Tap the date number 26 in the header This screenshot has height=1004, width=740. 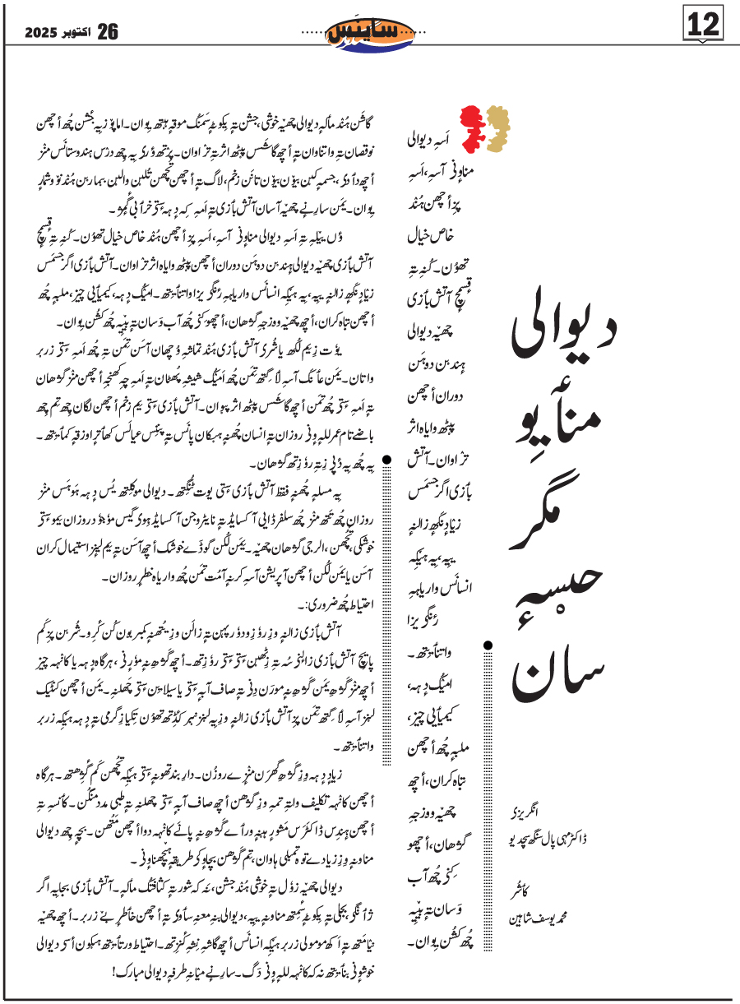(x=108, y=32)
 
